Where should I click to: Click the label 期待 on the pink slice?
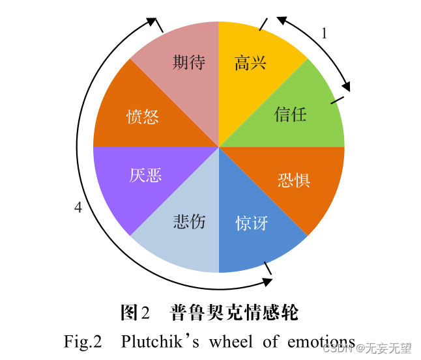[x=189, y=62]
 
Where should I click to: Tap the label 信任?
[x=290, y=115]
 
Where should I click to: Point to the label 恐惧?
[x=293, y=179]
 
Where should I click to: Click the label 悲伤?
[x=189, y=221]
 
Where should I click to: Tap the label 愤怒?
[x=143, y=117]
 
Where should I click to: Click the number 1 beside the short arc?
[x=324, y=34]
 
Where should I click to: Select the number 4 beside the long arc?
[x=78, y=208]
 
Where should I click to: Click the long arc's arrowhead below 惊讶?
[x=267, y=281]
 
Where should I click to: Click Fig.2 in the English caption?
[x=83, y=341]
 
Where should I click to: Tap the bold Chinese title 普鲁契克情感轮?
[x=234, y=312]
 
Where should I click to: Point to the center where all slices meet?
[x=218, y=146]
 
